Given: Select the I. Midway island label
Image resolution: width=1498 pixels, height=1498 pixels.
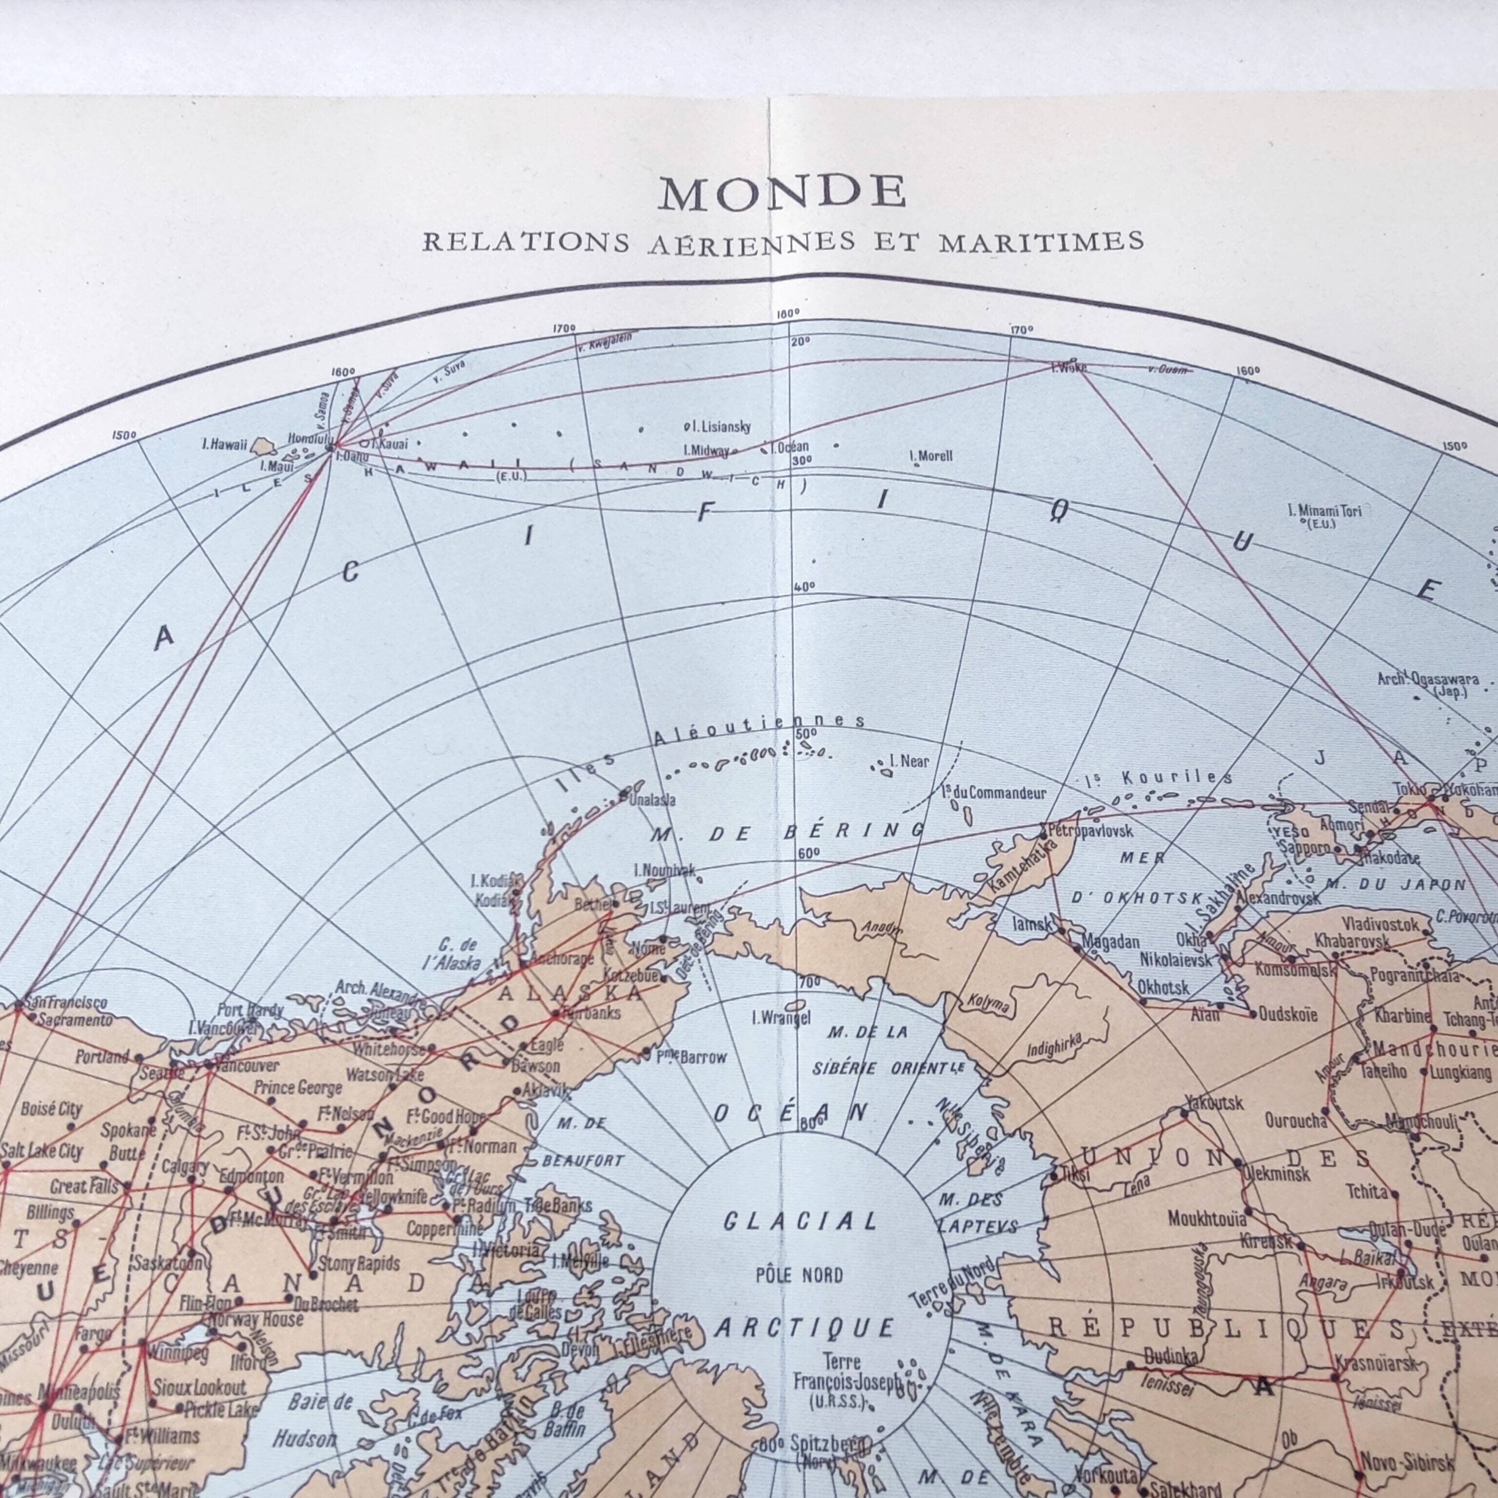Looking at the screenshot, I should pos(707,450).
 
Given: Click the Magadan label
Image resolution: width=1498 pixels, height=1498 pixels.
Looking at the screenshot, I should pos(1110,941).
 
